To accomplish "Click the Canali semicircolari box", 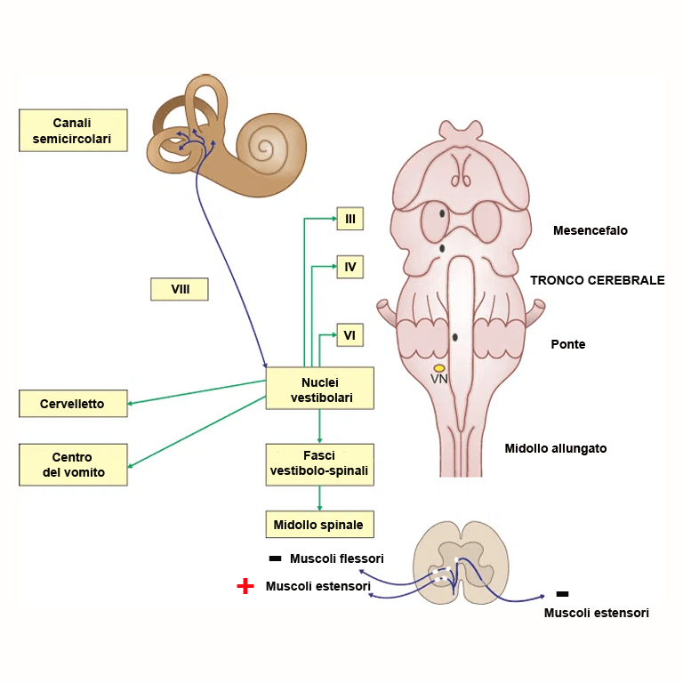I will pos(73,131).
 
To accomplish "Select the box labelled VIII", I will pos(180,289).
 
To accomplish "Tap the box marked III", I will pos(350,218).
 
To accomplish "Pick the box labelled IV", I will pos(350,266).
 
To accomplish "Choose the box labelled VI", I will pos(350,335).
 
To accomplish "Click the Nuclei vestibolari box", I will pos(320,389).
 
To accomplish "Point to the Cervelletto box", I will pos(73,404).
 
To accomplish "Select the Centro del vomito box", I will pos(73,465).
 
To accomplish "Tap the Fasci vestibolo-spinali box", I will pos(320,464).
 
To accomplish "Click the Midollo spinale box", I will pos(320,525).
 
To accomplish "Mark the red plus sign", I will pos(245,586).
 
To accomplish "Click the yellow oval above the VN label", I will pos(439,368).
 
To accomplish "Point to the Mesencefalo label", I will pos(590,230).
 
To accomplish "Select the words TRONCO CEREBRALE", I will pos(597,280).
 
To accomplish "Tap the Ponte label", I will pos(568,344).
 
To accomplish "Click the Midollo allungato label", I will pos(556,448).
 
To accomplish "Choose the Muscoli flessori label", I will pos(336,558).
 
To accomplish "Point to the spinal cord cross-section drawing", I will pos(459,563).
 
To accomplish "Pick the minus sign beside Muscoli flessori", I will pos(275,558).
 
